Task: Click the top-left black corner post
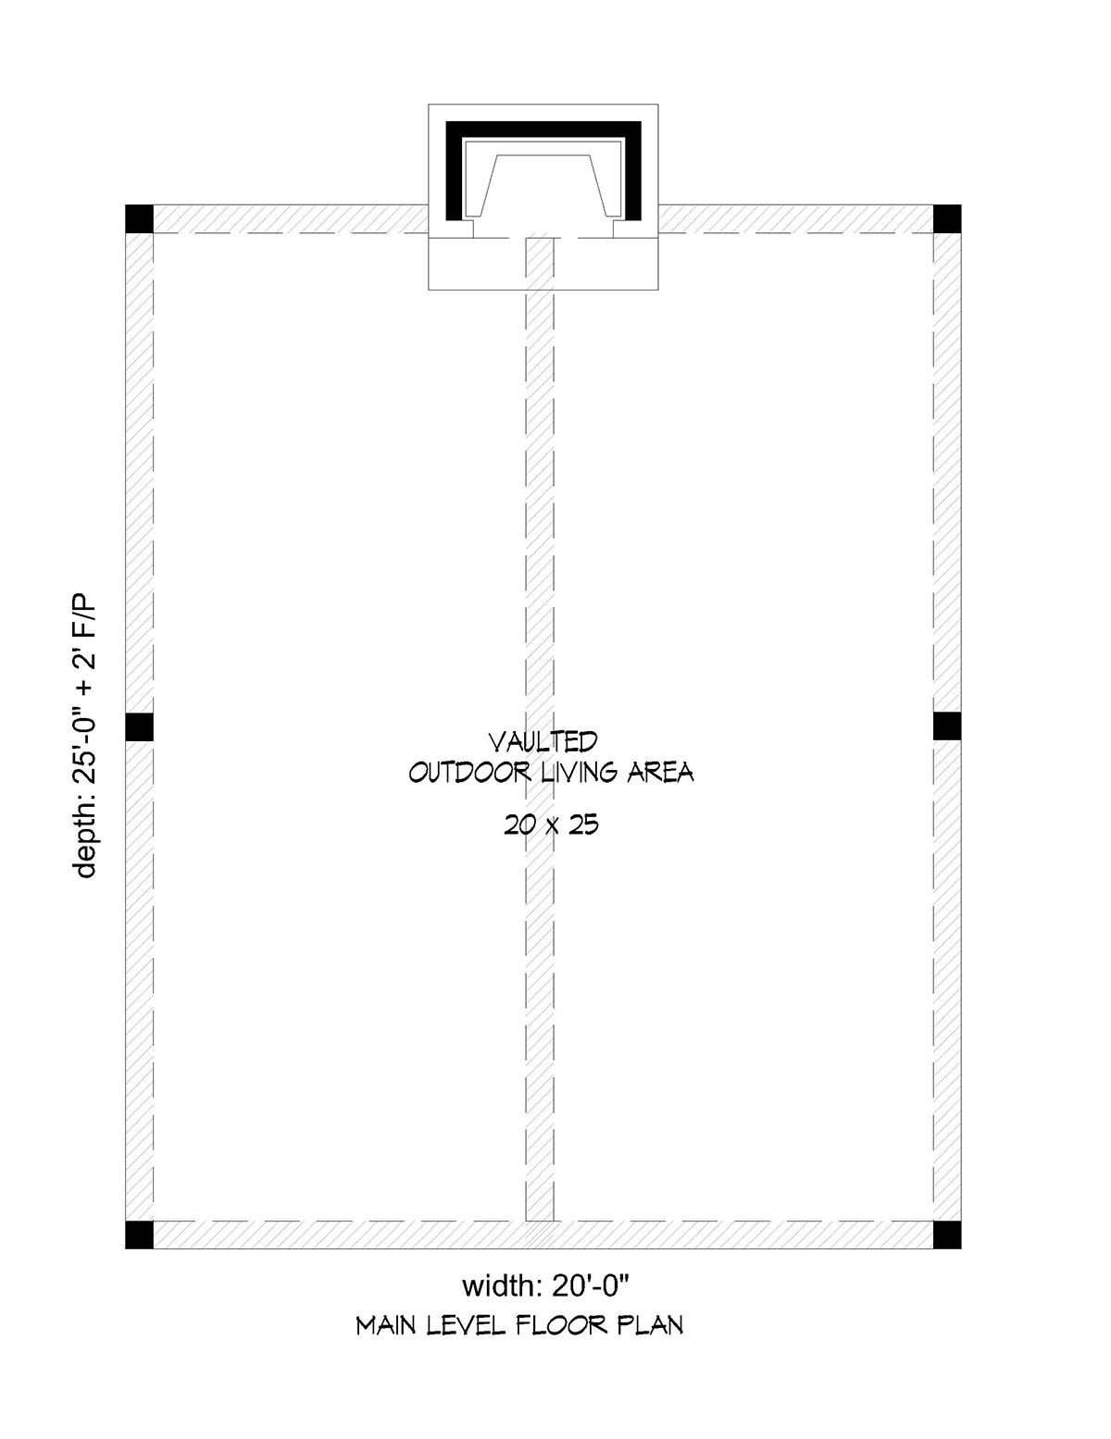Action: coord(139,218)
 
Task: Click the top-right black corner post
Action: coord(947,218)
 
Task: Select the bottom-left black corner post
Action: coord(139,1234)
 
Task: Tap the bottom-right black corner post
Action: coord(947,1234)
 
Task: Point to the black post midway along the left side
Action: coord(139,726)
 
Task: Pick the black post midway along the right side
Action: coord(947,726)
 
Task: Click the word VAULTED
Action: coord(543,741)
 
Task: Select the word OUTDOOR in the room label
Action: coord(469,773)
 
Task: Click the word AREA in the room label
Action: coord(660,773)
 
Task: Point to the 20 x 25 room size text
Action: coord(551,825)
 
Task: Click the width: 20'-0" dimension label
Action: coord(544,1285)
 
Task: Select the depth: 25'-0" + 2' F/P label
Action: coord(86,735)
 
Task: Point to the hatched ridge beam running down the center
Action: coord(540,728)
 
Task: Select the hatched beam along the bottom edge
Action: coord(543,1235)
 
